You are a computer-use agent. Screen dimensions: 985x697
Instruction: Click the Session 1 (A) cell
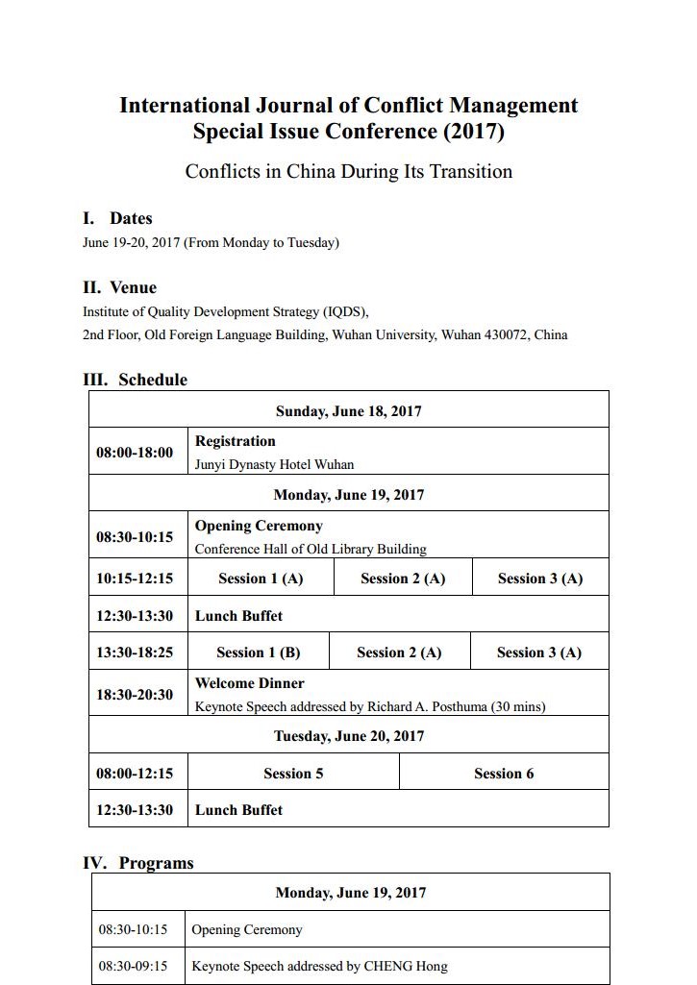pos(261,579)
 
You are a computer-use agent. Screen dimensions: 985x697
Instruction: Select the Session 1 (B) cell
pos(258,653)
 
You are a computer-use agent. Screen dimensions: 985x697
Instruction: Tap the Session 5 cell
pos(293,774)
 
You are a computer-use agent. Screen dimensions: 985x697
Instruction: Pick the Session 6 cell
pos(504,774)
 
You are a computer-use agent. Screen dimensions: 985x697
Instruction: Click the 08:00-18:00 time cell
pos(135,453)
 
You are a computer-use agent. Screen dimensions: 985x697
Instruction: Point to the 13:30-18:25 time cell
pos(135,653)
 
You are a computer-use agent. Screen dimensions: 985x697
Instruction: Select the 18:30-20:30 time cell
pos(135,695)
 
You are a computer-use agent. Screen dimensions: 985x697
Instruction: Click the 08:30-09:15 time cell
pos(133,966)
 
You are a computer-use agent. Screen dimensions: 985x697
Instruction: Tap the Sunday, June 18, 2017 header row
pos(348,411)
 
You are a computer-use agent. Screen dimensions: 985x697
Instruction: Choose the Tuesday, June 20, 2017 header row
pos(348,736)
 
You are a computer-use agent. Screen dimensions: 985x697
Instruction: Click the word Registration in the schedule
pos(236,441)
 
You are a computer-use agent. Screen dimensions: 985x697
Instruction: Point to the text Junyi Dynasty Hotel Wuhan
pos(274,464)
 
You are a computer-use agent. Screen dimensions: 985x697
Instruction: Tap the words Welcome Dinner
pos(250,683)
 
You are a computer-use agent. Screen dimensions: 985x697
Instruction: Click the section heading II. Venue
pos(119,287)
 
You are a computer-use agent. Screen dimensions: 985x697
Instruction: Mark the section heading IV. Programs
pos(138,863)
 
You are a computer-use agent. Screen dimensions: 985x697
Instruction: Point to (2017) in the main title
pos(471,131)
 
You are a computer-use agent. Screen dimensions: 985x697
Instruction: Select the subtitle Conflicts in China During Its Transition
pos(348,171)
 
